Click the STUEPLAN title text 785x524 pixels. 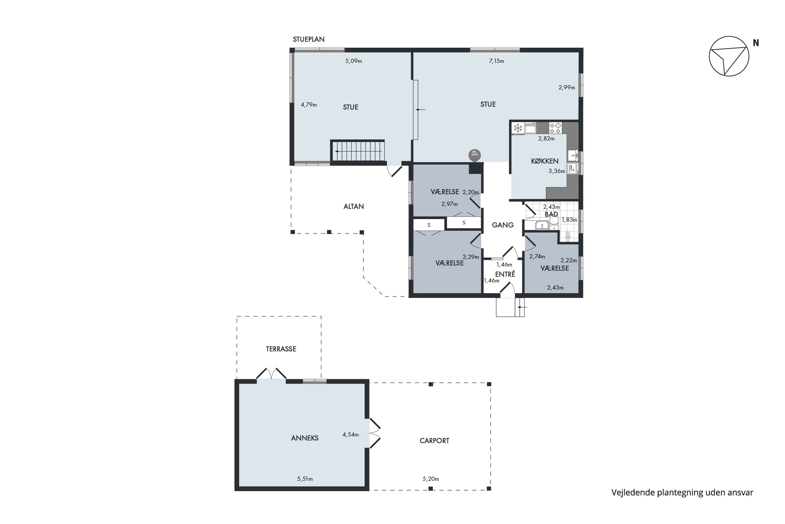309,39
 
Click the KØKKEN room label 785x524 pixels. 545,161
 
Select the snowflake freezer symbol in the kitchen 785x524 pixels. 518,128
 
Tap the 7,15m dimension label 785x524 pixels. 497,61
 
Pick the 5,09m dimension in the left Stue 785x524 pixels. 354,61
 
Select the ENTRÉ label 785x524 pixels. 505,274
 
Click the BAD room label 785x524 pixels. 551,214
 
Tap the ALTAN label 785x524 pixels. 354,206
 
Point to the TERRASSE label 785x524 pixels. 281,349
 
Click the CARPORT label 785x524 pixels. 434,441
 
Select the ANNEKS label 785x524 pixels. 305,438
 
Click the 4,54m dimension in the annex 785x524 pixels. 351,435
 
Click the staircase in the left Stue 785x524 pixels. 357,151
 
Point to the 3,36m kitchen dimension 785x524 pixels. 557,171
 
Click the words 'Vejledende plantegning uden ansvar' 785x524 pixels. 682,493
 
